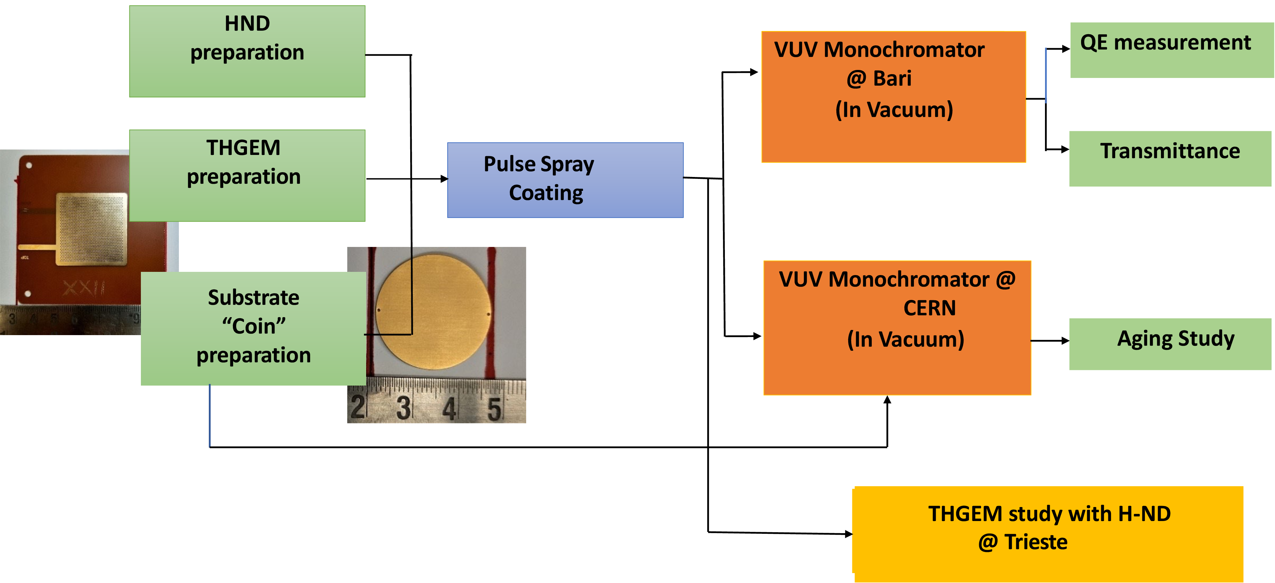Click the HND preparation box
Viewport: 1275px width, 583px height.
click(x=247, y=51)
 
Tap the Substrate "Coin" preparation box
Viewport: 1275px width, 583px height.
click(x=253, y=328)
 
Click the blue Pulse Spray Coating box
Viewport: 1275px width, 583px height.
click(x=565, y=180)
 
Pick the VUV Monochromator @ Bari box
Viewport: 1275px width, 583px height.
click(x=893, y=96)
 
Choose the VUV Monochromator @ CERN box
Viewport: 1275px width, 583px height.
click(x=897, y=328)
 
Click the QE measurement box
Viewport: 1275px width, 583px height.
click(x=1171, y=50)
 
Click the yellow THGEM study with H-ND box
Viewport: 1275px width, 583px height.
click(x=1048, y=533)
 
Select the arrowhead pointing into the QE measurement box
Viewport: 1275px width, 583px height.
click(x=1066, y=49)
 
